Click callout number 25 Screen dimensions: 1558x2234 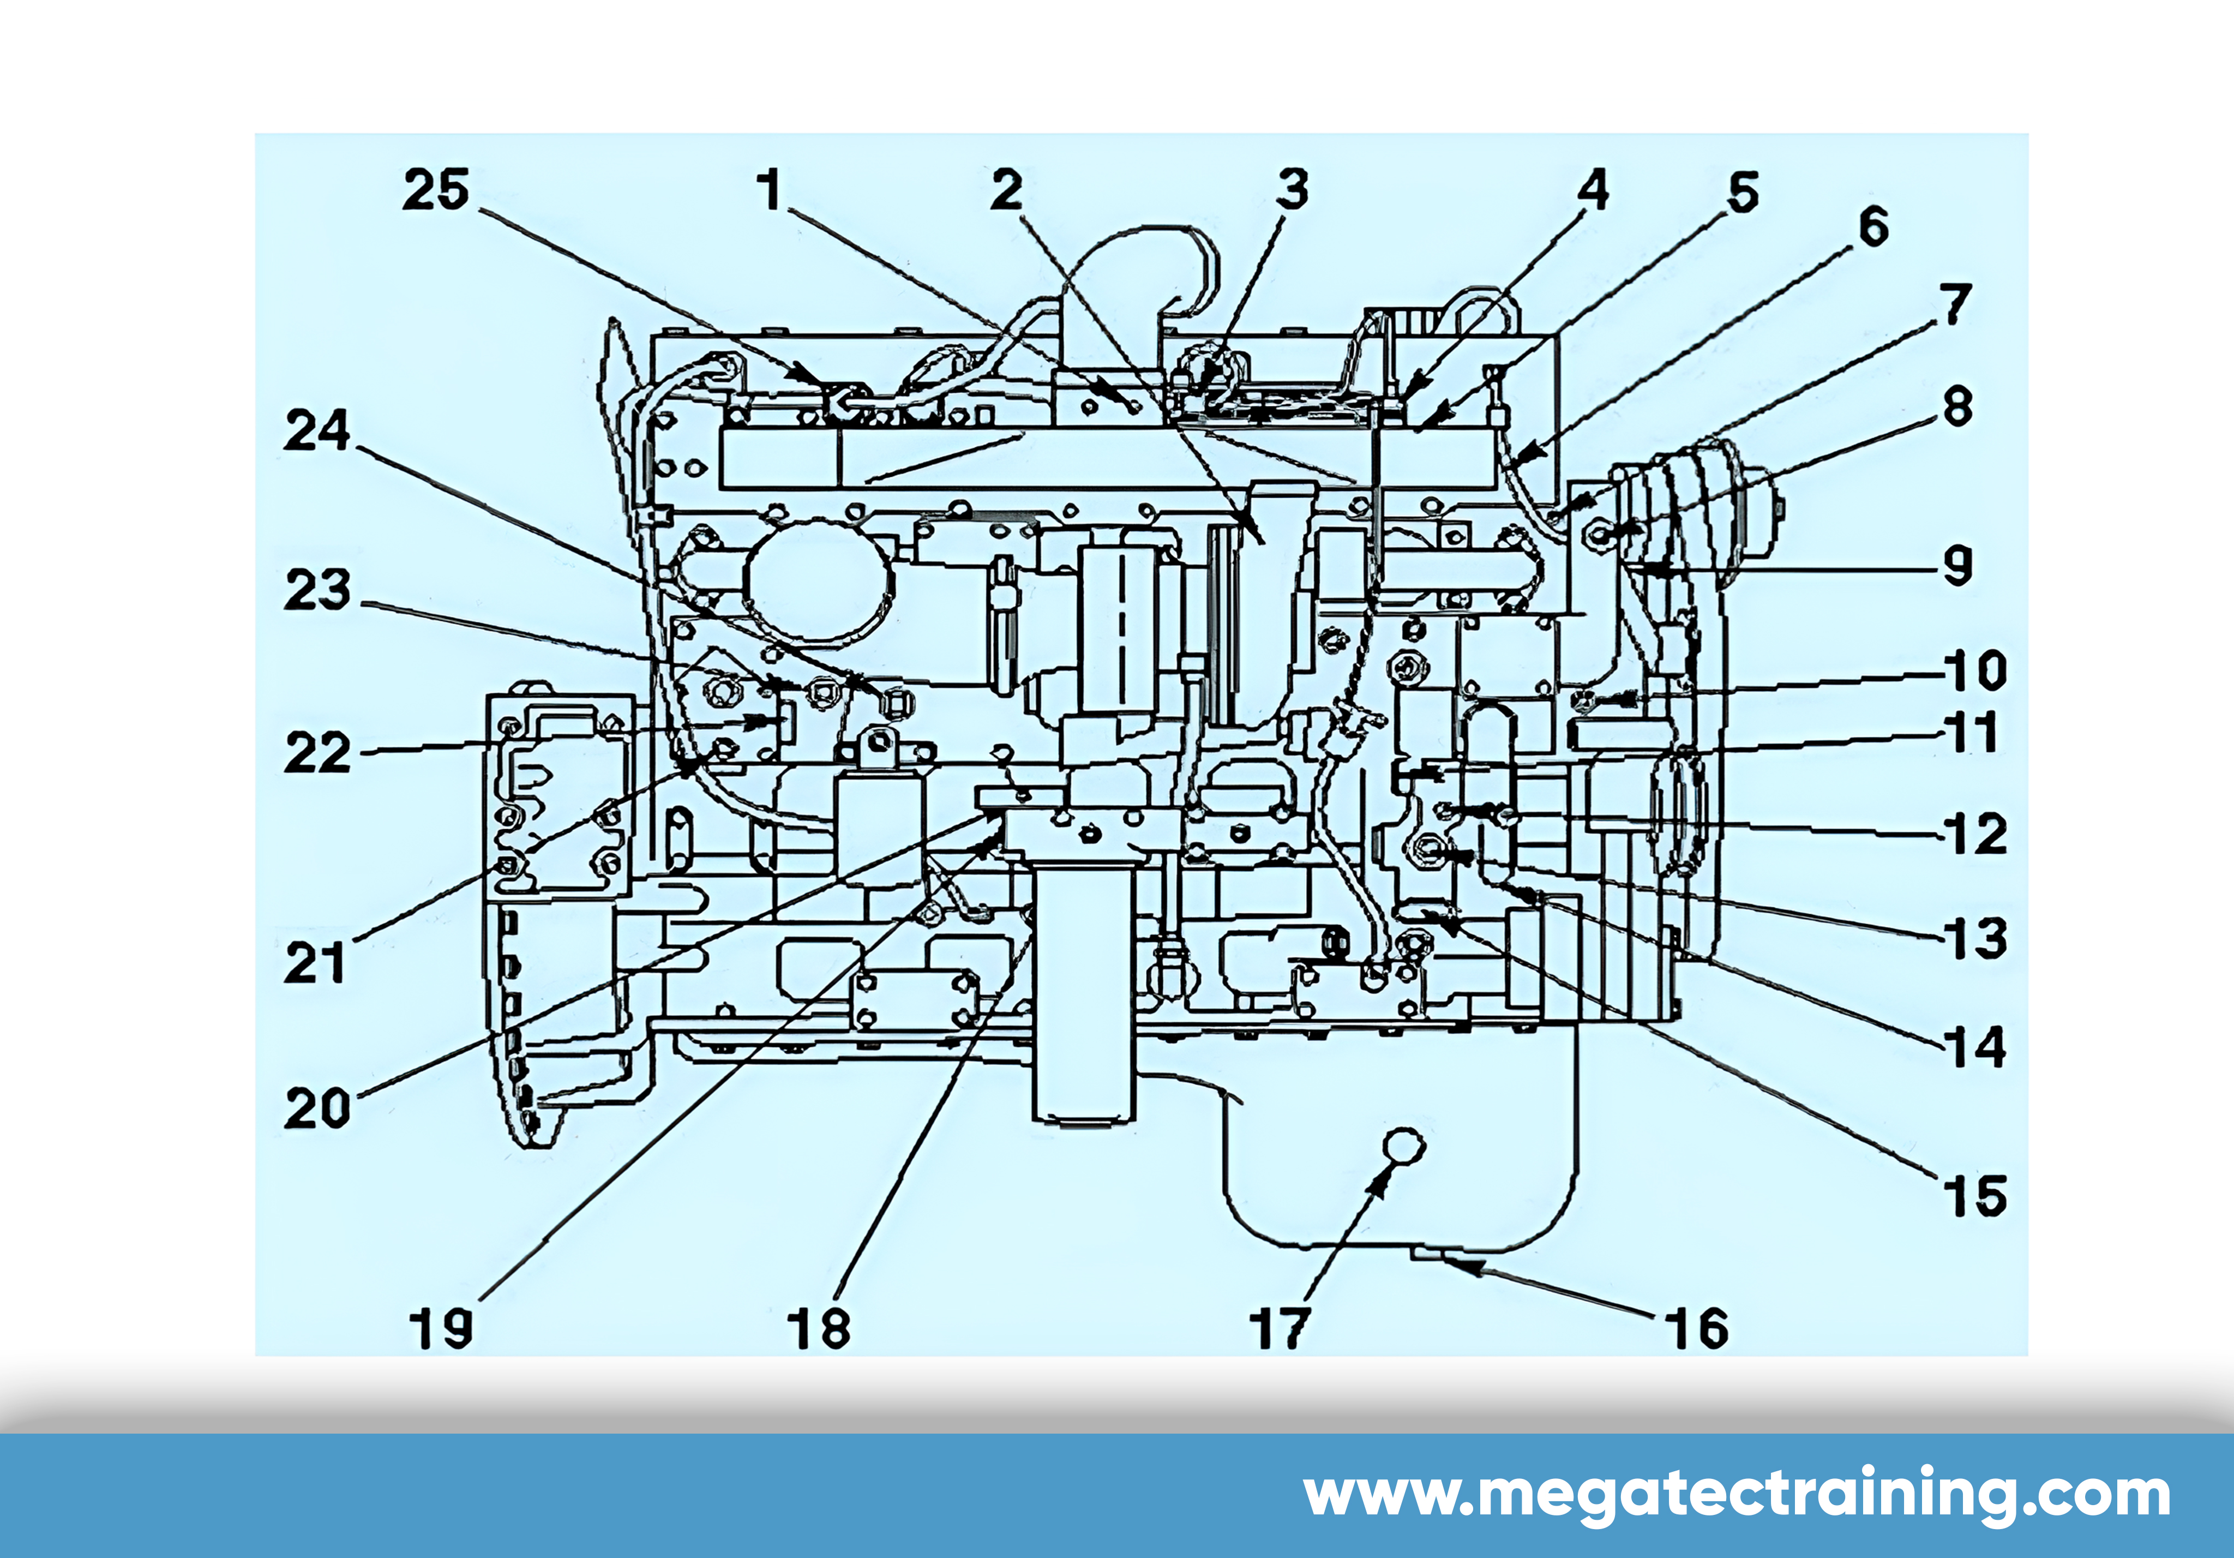[436, 190]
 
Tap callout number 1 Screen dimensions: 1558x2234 [771, 190]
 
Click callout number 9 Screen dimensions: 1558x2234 [1957, 565]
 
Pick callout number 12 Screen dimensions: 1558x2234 [1975, 834]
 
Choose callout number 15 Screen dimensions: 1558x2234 [1975, 1195]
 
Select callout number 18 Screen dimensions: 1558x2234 [818, 1328]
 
